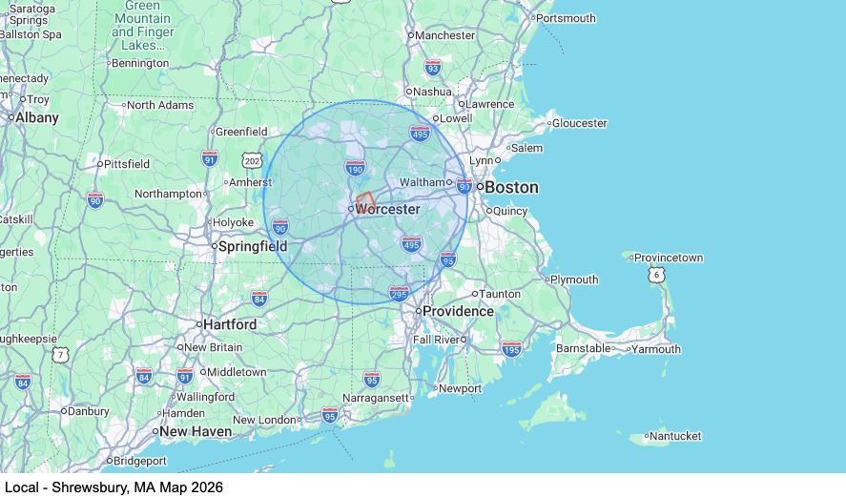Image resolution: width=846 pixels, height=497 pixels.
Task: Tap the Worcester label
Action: point(387,209)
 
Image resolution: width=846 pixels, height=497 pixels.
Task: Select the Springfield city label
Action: point(253,246)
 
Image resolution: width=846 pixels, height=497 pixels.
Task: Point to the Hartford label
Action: point(230,324)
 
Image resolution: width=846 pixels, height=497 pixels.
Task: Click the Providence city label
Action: point(458,311)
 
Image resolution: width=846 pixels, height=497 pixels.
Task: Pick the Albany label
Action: point(36,117)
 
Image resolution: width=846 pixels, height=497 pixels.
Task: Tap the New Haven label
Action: point(196,431)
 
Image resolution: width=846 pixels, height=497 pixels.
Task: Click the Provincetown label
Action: point(669,258)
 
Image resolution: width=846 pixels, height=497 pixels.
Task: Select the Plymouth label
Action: point(574,280)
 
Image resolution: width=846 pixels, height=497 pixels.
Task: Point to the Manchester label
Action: point(444,35)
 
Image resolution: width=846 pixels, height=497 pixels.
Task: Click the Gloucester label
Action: point(579,123)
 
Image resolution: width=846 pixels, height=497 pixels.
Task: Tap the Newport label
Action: point(460,388)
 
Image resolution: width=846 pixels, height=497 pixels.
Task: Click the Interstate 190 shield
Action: point(355,169)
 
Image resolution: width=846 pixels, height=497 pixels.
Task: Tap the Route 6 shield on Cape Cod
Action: point(656,275)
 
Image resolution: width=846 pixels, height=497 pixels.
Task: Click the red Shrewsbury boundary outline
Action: point(363,201)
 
